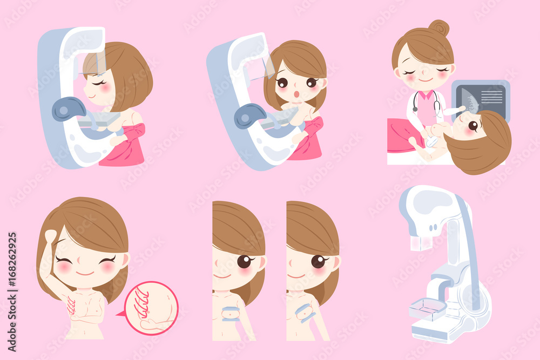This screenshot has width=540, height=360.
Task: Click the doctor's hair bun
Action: pos(439,28)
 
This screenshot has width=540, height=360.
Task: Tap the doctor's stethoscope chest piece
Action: pos(415,109)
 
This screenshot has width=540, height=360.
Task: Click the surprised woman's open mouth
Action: pos(296,94)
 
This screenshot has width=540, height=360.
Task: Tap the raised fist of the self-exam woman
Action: pos(51,237)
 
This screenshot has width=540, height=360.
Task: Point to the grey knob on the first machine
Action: pos(69,109)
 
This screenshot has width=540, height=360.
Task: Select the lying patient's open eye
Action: pos(473,126)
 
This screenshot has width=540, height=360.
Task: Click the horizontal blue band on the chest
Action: pos(231,314)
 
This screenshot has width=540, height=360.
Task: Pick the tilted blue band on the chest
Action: pos(305,313)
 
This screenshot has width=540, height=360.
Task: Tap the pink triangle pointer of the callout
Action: pos(121,314)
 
